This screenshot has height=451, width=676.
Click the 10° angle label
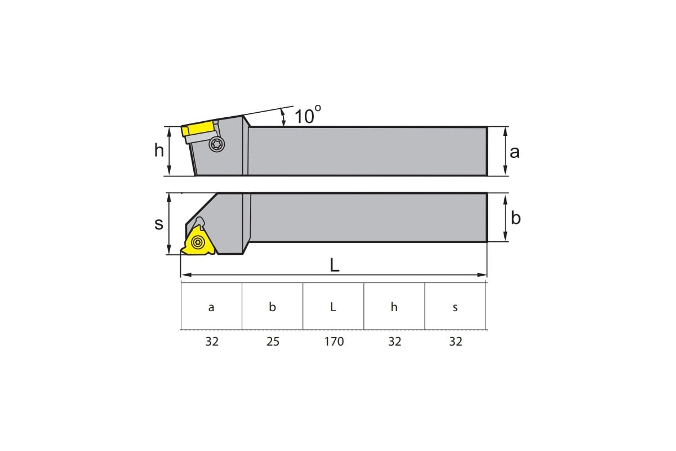point(308,115)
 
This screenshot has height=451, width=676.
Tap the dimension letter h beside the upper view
point(159,150)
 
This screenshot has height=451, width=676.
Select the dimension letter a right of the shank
point(514,152)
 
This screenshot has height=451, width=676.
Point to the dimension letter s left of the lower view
point(159,224)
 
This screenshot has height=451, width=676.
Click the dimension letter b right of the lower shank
point(516,218)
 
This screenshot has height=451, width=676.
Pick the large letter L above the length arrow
point(335,265)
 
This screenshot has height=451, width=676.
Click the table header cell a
point(211,307)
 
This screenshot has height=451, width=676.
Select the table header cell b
point(272,307)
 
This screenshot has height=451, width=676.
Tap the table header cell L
point(333,307)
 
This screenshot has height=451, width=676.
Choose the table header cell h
point(394,307)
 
